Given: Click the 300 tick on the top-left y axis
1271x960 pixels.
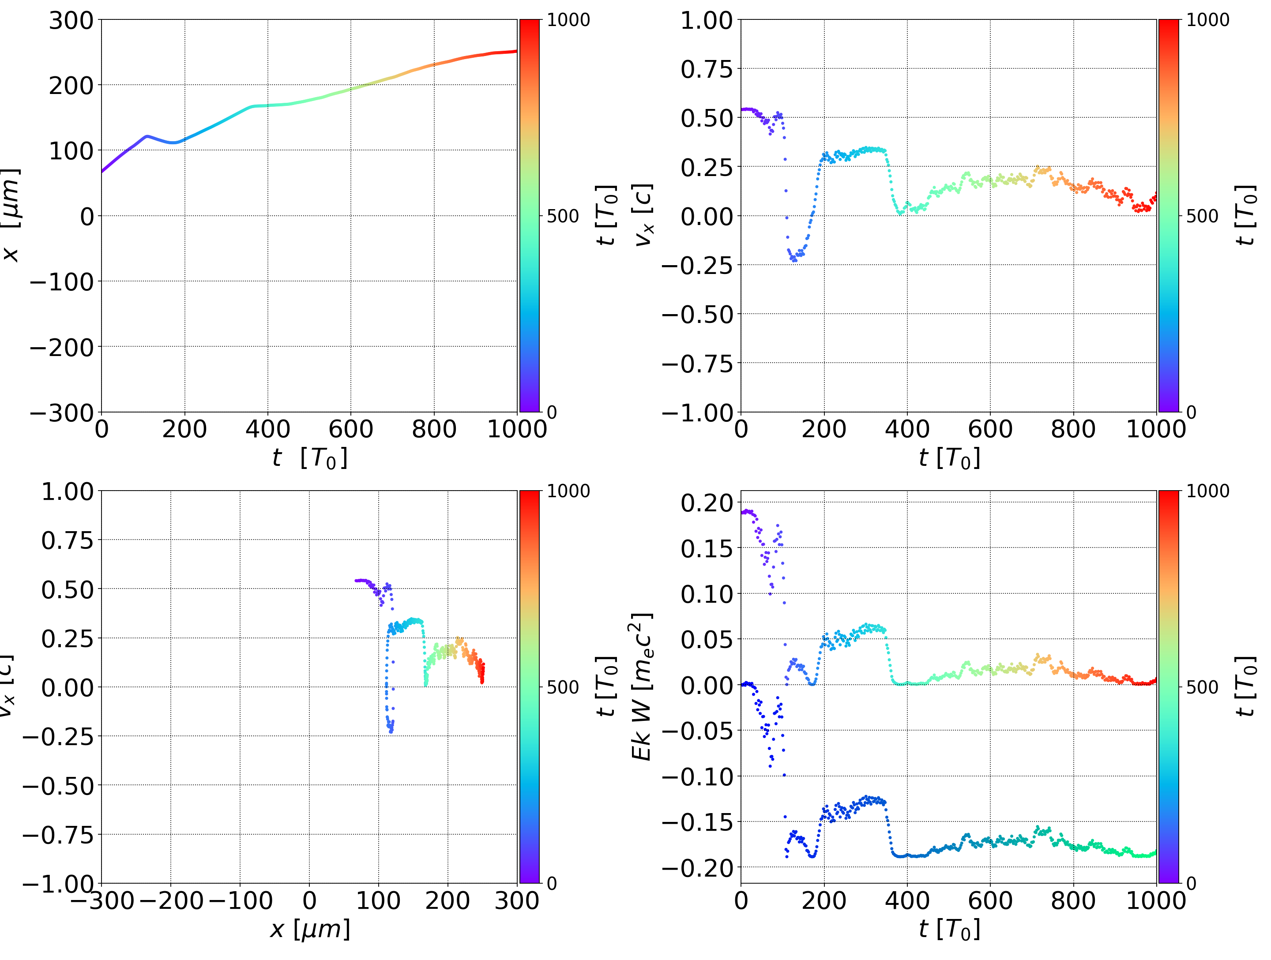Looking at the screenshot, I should pyautogui.click(x=71, y=21).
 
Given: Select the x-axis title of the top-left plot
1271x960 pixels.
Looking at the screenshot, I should pyautogui.click(x=310, y=458).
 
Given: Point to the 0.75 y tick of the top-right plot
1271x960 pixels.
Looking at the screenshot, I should pyautogui.click(x=707, y=70).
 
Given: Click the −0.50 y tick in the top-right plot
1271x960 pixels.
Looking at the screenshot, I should pyautogui.click(x=697, y=315).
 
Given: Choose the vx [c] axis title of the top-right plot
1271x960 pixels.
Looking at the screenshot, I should pyautogui.click(x=643, y=215).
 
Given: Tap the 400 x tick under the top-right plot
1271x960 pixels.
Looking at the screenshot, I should pyautogui.click(x=907, y=429).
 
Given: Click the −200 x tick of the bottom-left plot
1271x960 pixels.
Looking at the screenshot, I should pyautogui.click(x=171, y=900).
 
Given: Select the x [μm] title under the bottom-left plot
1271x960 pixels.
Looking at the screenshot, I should pyautogui.click(x=310, y=929).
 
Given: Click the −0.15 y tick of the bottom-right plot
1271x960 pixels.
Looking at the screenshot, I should pyautogui.click(x=697, y=822).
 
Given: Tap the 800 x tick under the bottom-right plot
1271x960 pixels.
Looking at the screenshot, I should pyautogui.click(x=1073, y=900).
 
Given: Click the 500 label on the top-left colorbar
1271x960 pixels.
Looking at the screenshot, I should pyautogui.click(x=563, y=217).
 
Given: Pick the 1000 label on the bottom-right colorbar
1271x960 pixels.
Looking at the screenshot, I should pyautogui.click(x=1208, y=491).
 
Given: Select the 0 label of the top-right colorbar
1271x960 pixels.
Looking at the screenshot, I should pyautogui.click(x=1191, y=412).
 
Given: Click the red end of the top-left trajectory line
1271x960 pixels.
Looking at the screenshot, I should pyautogui.click(x=515, y=51).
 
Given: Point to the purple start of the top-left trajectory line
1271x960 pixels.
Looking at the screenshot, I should pyautogui.click(x=103, y=171).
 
